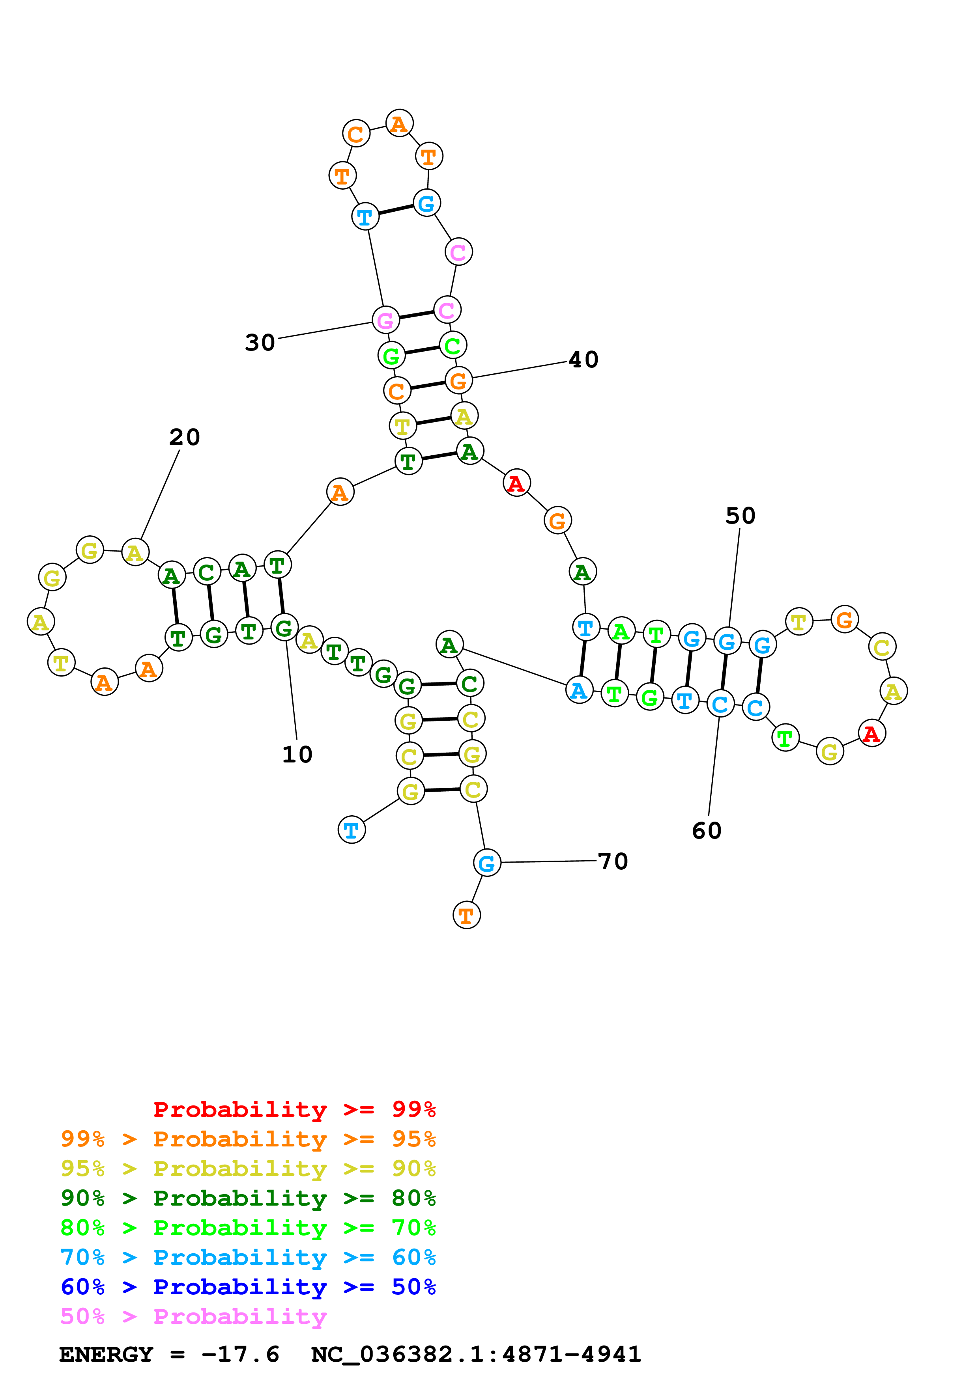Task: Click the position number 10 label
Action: [x=297, y=754]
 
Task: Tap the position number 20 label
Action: [x=184, y=437]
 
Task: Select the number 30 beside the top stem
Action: [x=260, y=343]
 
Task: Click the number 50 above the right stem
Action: [x=740, y=516]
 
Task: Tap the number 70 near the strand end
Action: [x=613, y=861]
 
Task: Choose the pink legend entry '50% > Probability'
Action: [x=193, y=1317]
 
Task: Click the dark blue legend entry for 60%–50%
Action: [x=248, y=1287]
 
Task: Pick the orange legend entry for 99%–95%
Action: [x=248, y=1139]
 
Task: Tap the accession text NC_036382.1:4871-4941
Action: [x=476, y=1355]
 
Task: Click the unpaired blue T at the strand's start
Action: [x=351, y=830]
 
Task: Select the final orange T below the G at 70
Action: [x=466, y=915]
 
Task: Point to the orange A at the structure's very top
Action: [x=399, y=123]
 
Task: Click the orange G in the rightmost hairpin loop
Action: [x=844, y=619]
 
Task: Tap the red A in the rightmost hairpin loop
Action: [x=871, y=733]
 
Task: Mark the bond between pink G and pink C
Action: [x=416, y=315]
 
